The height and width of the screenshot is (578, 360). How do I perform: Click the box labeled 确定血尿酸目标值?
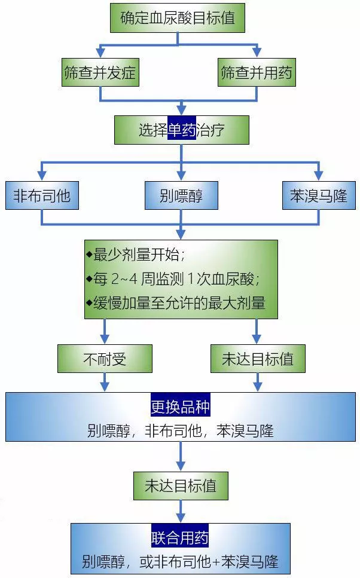pos(178,18)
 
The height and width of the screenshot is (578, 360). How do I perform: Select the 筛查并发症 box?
pos(100,72)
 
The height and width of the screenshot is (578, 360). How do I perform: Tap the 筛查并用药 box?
pos(257,72)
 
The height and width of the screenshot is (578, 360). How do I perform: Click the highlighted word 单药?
pos(181,130)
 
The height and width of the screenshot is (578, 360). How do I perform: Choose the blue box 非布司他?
pos(42,195)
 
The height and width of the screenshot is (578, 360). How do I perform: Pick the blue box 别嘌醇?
pos(181,195)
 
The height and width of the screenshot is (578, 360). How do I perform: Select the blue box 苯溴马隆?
pos(319,195)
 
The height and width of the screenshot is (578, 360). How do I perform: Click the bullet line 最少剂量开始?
pos(135,255)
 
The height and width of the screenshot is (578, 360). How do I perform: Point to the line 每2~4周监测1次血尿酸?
pos(173,279)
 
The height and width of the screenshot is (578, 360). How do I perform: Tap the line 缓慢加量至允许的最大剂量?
pos(176,303)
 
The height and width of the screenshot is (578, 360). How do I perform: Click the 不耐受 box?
pos(105,359)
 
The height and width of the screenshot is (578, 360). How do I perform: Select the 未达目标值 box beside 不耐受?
pos(258,359)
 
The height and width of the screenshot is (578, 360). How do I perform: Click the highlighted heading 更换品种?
pos(181,406)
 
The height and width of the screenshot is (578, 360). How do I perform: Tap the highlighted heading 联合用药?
pos(180,537)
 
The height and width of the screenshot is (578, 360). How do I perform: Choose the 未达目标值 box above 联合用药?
pos(181,486)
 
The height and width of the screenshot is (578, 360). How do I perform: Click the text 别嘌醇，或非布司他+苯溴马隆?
pos(180,562)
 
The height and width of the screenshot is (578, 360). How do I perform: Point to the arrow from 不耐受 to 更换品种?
pos(105,382)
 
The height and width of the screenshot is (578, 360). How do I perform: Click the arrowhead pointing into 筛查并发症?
pos(100,53)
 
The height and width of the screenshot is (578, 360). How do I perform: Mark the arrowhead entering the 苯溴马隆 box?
pos(319,176)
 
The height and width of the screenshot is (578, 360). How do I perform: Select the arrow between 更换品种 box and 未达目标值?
pos(181,456)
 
